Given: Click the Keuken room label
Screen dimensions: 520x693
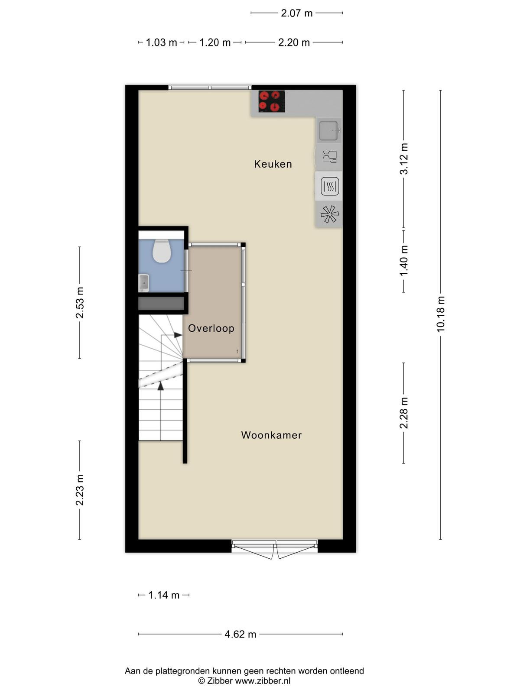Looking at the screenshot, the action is coord(273,164).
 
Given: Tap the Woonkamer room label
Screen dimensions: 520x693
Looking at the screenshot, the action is coord(271,435).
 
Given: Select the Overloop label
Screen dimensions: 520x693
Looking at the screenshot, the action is coord(211,328).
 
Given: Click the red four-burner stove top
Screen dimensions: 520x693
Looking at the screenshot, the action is coord(272,101).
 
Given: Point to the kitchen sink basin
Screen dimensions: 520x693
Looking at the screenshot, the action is coord(328,131).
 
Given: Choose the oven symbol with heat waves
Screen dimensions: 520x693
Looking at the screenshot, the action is coord(330,186).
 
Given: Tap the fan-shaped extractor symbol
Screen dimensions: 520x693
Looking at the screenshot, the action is coord(329,214).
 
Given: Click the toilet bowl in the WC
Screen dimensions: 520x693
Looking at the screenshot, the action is coord(162,251).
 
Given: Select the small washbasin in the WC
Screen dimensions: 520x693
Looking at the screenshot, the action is coord(144,282).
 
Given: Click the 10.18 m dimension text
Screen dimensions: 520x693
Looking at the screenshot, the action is coord(440,314).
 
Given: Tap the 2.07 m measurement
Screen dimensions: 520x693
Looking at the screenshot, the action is coord(296,13).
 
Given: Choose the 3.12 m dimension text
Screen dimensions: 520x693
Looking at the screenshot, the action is coord(404,159).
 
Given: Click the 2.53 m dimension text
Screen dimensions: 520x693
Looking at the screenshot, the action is coord(80,302).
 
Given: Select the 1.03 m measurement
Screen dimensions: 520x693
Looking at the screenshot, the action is coord(161,42).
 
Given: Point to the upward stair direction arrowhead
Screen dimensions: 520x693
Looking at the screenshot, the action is coord(161,385).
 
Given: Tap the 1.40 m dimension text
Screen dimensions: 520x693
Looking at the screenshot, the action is coord(404,260).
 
